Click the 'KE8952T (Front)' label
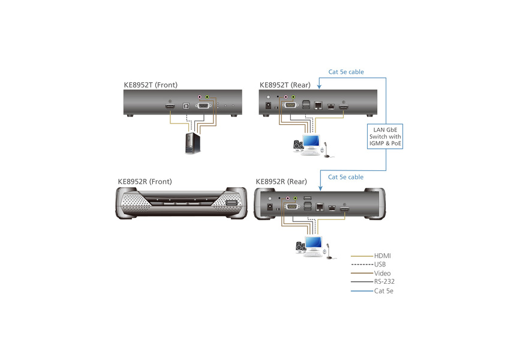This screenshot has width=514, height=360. point(151,85)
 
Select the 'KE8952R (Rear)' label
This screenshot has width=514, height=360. point(281,181)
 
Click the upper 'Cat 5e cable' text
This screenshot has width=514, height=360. point(345,72)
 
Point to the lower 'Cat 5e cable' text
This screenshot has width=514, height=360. point(345,177)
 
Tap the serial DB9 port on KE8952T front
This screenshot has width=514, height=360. point(204,106)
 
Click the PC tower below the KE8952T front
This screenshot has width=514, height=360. point(191,144)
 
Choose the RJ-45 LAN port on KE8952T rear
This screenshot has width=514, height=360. point(318,106)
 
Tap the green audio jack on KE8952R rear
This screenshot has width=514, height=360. point(294,197)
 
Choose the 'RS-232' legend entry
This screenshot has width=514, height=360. point(384,281)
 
